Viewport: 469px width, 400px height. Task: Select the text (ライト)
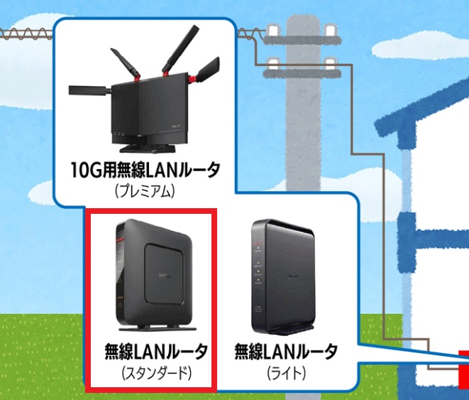click(286, 372)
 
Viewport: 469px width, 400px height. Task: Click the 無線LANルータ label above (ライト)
click(286, 351)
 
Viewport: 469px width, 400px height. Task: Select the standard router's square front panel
click(165, 274)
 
